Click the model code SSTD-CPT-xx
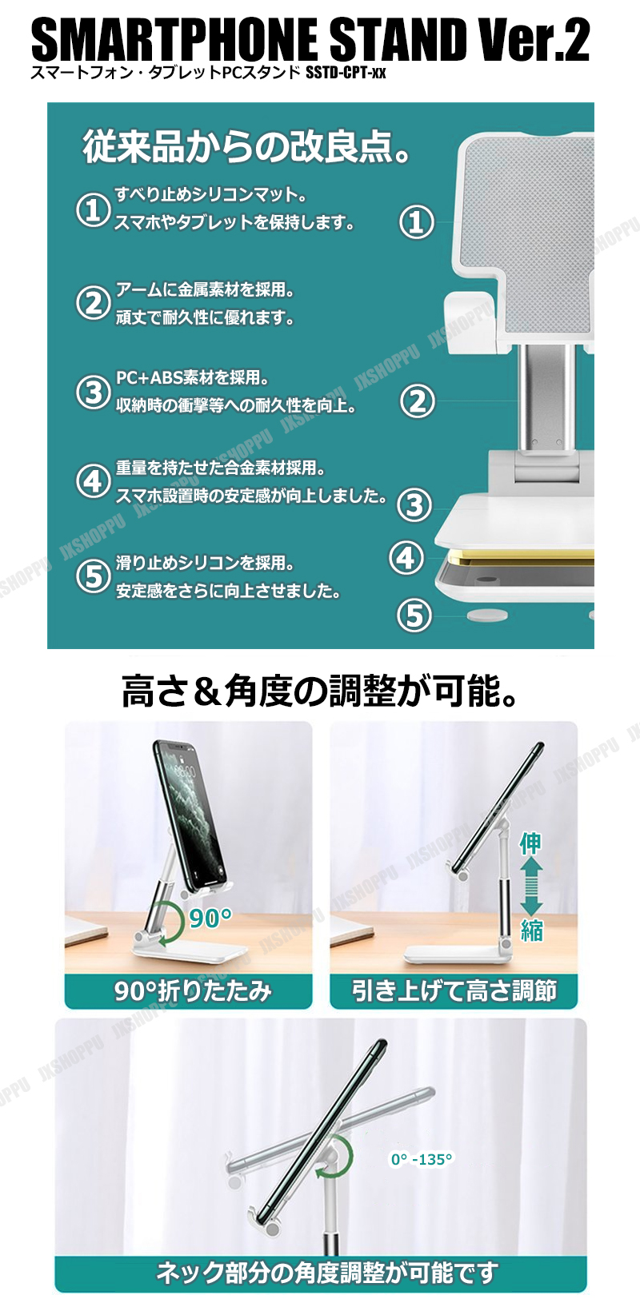point(346,74)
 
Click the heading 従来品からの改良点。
point(246,146)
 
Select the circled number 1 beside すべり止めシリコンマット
point(93,209)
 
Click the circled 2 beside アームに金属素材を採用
point(93,303)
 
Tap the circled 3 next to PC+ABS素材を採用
point(93,393)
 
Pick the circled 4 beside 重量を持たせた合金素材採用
point(93,481)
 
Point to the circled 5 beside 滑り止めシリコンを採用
point(93,576)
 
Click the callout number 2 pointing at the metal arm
point(417,401)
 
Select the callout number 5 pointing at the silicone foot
point(414,615)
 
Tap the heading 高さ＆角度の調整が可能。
point(320,691)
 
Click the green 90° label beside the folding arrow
point(210,918)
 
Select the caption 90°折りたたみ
point(194,991)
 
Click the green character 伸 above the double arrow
point(530,843)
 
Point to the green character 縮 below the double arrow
point(532,930)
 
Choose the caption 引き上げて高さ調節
point(454,991)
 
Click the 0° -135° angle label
point(422,1159)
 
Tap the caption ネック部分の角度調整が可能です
point(327,1273)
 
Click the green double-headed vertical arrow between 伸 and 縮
point(531,887)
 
